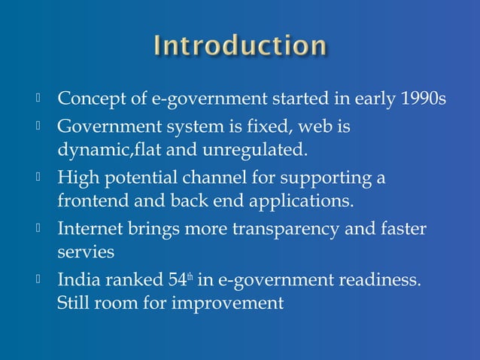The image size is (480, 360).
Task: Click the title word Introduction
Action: (x=240, y=46)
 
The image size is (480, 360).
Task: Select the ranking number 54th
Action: (x=177, y=281)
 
